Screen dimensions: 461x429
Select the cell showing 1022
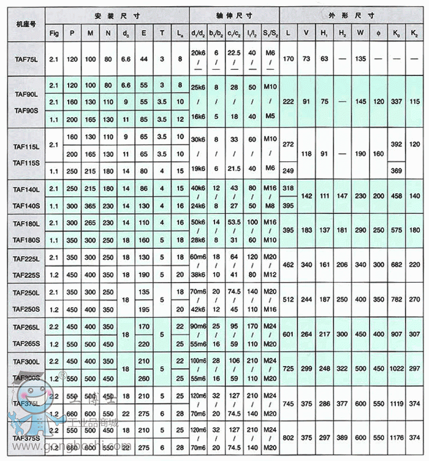click(397, 368)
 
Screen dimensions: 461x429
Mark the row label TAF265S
click(26, 344)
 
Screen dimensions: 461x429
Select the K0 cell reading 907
click(397, 334)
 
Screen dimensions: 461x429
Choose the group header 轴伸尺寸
click(233, 14)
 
